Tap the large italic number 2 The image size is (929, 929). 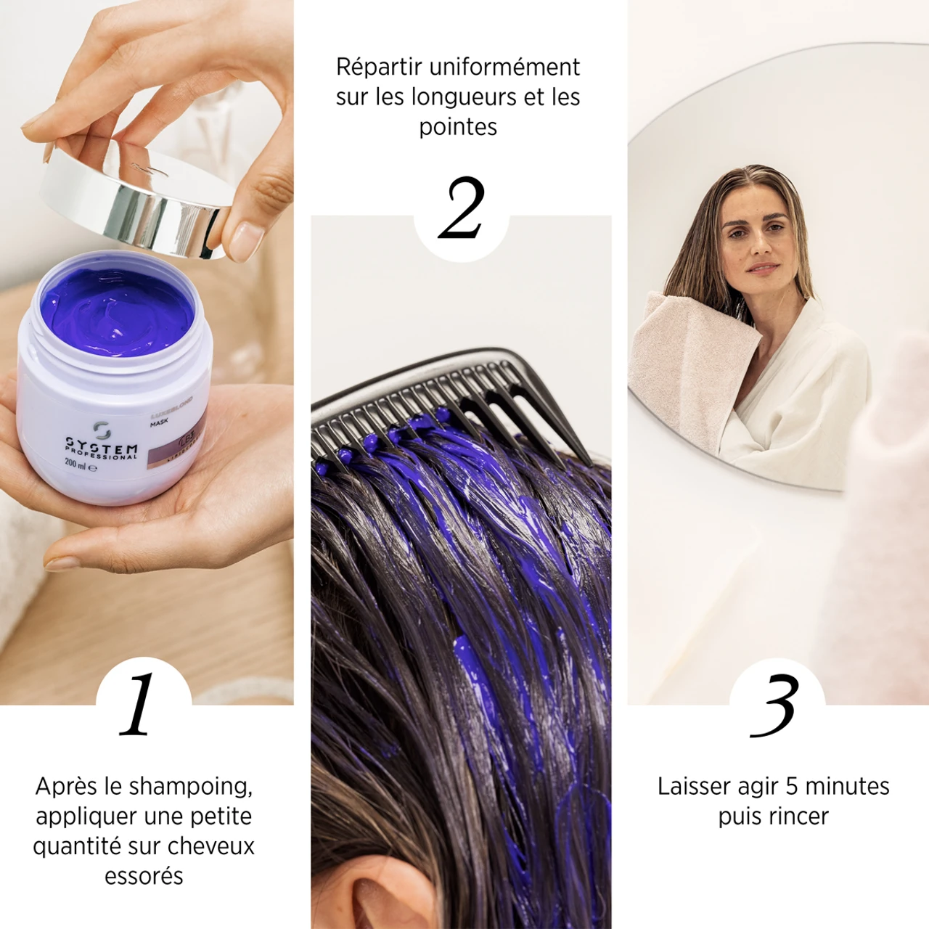pos(462,209)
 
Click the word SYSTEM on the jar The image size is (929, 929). pos(102,445)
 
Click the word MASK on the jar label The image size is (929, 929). pos(159,422)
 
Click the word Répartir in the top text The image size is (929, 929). pos(379,67)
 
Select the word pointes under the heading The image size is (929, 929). pos(458,127)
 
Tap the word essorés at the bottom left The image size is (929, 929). pos(144,876)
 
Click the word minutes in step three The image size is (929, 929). pos(847,786)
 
